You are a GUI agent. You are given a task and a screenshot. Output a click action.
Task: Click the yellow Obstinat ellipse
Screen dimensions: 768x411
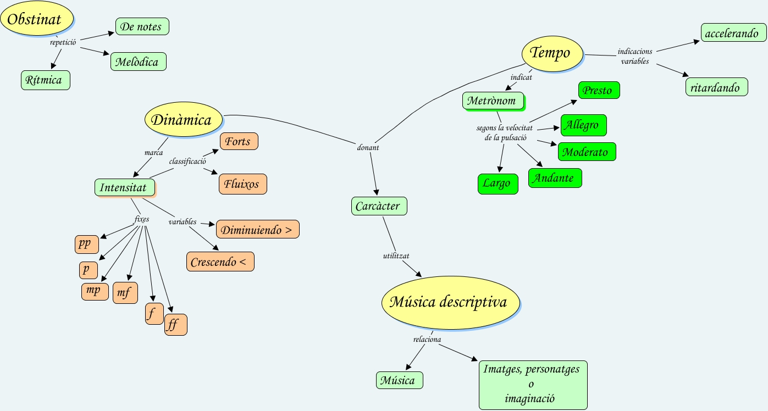tap(37, 18)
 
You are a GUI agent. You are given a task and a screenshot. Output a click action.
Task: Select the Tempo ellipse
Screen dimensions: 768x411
tap(552, 53)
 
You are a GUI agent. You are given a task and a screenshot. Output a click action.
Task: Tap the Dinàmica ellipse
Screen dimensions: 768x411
tap(184, 119)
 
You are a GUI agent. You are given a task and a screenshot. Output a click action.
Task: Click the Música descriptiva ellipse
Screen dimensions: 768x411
tap(450, 302)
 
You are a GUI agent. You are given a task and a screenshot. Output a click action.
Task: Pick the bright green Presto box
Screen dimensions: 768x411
tap(599, 90)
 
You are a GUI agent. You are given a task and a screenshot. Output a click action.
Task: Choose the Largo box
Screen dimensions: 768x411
tap(498, 184)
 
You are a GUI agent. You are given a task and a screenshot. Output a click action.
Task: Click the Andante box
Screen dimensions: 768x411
tap(555, 178)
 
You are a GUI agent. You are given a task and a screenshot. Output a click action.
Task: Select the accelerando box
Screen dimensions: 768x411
tap(733, 32)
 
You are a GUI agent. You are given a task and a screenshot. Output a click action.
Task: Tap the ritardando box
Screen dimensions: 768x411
tap(716, 87)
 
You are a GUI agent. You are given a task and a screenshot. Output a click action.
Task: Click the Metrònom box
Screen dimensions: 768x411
tap(493, 101)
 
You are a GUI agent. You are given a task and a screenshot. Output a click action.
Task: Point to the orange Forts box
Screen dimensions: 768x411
tap(239, 141)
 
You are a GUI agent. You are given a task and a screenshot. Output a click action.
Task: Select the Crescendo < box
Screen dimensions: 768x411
tap(220, 262)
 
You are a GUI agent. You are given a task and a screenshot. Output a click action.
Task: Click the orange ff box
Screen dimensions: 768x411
tap(176, 325)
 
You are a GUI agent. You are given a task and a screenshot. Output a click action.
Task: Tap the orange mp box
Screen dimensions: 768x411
tap(95, 292)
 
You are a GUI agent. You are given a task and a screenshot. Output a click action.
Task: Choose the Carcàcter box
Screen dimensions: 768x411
tap(379, 206)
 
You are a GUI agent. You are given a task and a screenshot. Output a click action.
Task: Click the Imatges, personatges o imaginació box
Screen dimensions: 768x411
tap(533, 385)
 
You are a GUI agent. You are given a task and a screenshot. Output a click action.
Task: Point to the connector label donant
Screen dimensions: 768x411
tap(368, 147)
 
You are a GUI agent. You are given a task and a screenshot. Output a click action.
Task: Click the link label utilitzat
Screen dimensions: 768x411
tap(396, 256)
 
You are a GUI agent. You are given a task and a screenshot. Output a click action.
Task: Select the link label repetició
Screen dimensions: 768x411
tap(63, 42)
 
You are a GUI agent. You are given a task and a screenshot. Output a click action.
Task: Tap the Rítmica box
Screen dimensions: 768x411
tap(46, 80)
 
